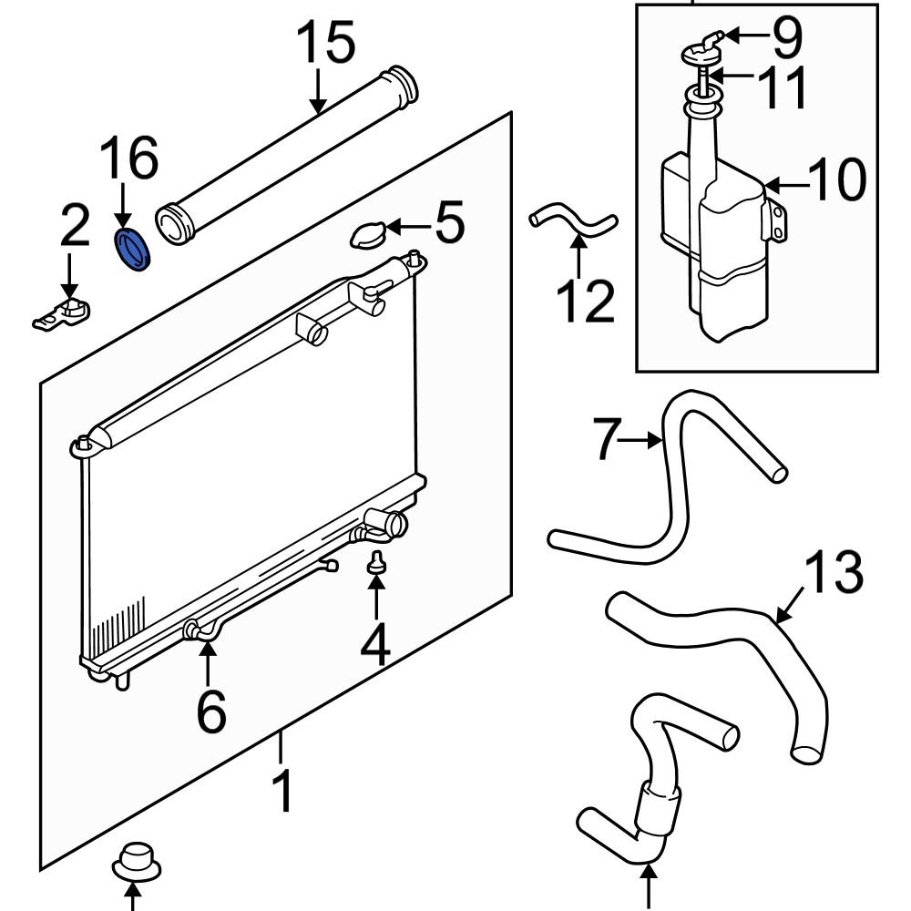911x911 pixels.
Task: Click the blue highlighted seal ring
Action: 133,250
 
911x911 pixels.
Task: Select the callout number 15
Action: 327,44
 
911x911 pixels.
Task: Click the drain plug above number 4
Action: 374,566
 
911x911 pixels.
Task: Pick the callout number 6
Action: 210,711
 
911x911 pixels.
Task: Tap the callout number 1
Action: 284,790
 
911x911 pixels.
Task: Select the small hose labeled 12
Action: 573,224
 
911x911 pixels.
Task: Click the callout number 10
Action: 836,179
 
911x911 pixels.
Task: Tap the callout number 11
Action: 781,87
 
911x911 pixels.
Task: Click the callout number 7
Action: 609,439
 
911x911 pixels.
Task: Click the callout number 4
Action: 374,646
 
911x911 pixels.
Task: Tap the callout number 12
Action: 586,302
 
